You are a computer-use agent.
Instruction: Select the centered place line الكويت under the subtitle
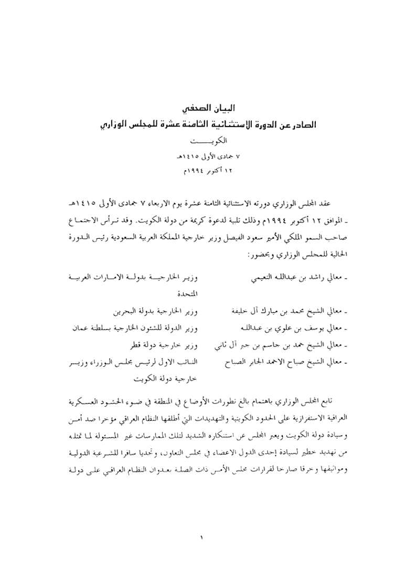pyautogui.click(x=202, y=142)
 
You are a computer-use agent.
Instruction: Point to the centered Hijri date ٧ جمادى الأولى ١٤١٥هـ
pyautogui.click(x=202, y=156)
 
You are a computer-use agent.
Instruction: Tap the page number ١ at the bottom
pyautogui.click(x=202, y=537)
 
